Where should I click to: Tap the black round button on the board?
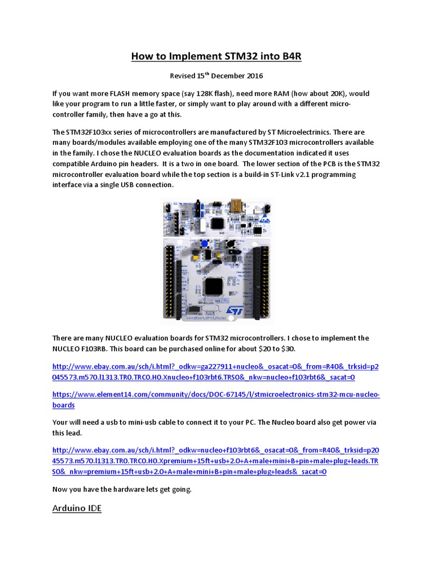click(x=230, y=243)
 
